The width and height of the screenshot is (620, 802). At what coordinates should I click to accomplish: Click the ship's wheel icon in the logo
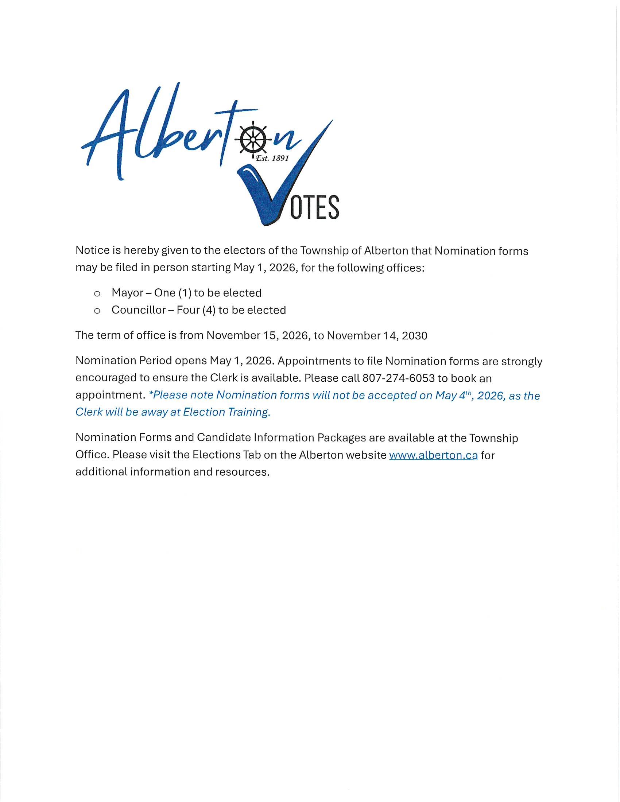(253, 140)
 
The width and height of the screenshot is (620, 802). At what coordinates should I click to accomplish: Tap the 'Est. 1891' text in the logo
(272, 158)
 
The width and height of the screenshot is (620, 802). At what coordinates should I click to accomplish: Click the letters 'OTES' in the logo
(315, 207)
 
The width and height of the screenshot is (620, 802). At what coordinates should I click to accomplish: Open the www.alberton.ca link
(433, 455)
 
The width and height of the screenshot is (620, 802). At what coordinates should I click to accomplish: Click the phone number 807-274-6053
(399, 378)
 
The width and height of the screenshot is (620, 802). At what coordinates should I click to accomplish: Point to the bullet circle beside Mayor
(97, 294)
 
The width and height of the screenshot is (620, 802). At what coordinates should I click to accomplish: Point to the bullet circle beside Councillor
(97, 311)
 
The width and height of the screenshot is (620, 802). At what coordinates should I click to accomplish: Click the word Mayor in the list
(127, 293)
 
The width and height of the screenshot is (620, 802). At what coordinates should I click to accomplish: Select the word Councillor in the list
(139, 310)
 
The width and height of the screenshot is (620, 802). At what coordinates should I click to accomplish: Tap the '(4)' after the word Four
(209, 310)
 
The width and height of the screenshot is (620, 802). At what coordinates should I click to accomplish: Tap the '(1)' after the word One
(185, 293)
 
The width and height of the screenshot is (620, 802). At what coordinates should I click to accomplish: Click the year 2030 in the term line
(415, 336)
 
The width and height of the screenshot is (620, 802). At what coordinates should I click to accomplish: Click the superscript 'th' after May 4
(468, 393)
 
